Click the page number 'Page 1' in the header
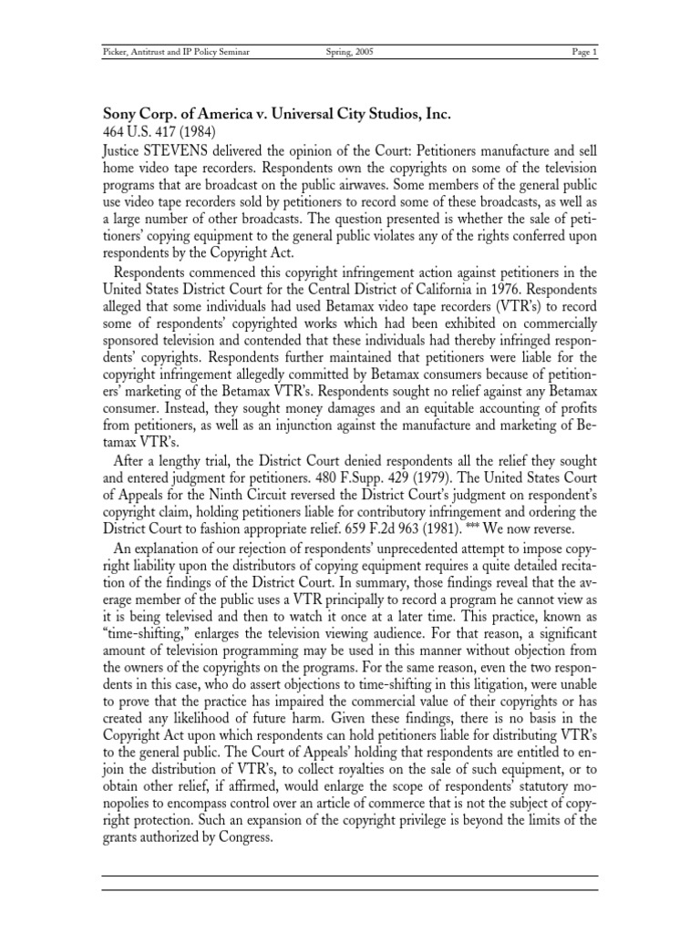pyautogui.click(x=584, y=53)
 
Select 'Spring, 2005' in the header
pyautogui.click(x=349, y=53)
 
